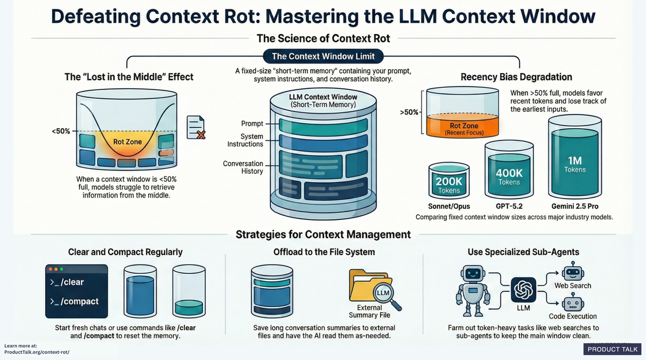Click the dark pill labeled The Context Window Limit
pos(322,56)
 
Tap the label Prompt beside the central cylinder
pos(252,124)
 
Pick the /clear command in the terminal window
pos(67,282)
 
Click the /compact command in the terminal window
pos(74,301)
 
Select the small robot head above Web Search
pos(570,272)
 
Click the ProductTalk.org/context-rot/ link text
pos(37,352)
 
